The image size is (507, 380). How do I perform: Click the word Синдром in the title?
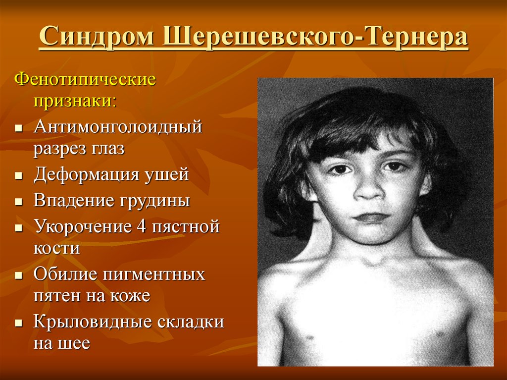point(97,36)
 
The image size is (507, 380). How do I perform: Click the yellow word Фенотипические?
point(85,80)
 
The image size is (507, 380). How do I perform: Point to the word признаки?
point(75,101)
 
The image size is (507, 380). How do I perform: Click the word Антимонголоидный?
point(118,126)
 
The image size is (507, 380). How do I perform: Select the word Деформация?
point(86,175)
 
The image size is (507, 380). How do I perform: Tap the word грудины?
point(155,201)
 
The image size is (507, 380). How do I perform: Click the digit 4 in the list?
point(142,226)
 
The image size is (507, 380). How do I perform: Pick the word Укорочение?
point(83,226)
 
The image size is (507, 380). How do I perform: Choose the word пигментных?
point(153,274)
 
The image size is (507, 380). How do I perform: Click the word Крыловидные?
point(91,322)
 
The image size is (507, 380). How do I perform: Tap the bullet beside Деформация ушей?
point(19,176)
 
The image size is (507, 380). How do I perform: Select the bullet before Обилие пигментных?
point(19,275)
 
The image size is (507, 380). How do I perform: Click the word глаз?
point(106,149)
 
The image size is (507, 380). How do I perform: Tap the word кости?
point(56,248)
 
